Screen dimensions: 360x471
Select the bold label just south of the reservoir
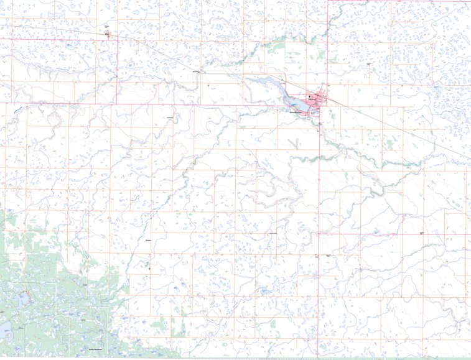297,113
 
